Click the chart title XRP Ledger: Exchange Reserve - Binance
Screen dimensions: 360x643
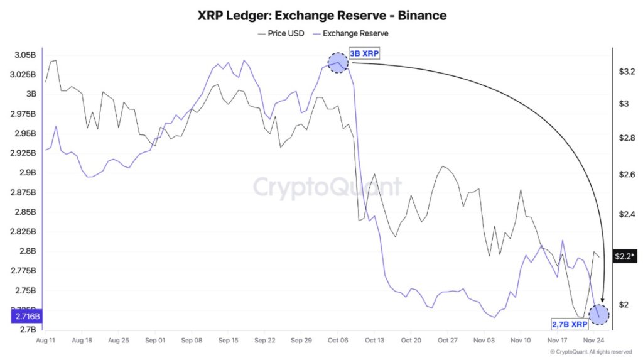pyautogui.click(x=321, y=14)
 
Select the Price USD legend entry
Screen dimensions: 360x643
pyautogui.click(x=281, y=33)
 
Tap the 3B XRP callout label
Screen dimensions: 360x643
pyautogui.click(x=364, y=54)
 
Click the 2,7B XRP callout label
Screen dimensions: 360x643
pyautogui.click(x=570, y=324)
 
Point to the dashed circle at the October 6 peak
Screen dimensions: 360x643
pyautogui.click(x=338, y=62)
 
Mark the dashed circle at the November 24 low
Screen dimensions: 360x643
pyautogui.click(x=599, y=314)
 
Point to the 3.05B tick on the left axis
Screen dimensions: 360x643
pyautogui.click(x=24, y=55)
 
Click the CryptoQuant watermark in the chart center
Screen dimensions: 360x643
pyautogui.click(x=327, y=187)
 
